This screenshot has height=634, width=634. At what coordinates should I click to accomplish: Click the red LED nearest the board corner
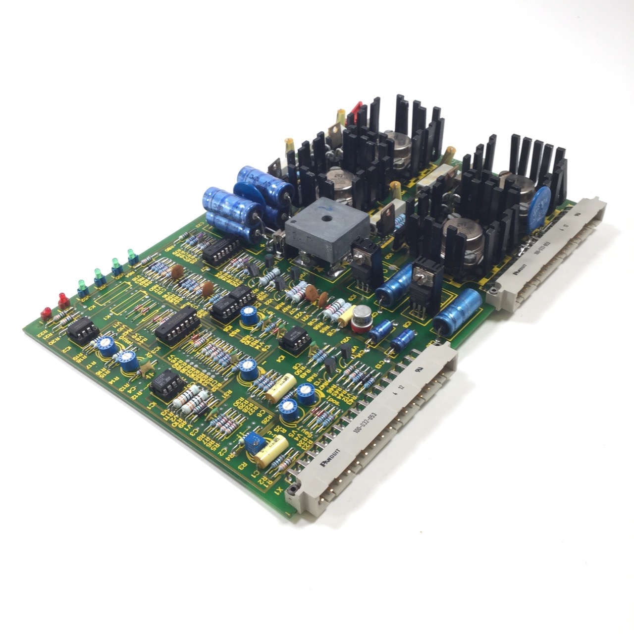tap(45, 312)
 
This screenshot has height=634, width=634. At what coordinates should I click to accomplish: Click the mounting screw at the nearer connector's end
tap(293, 490)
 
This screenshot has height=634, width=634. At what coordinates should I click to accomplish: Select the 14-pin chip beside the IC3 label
tap(176, 324)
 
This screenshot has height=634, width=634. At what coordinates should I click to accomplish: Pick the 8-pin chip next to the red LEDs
tap(81, 328)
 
